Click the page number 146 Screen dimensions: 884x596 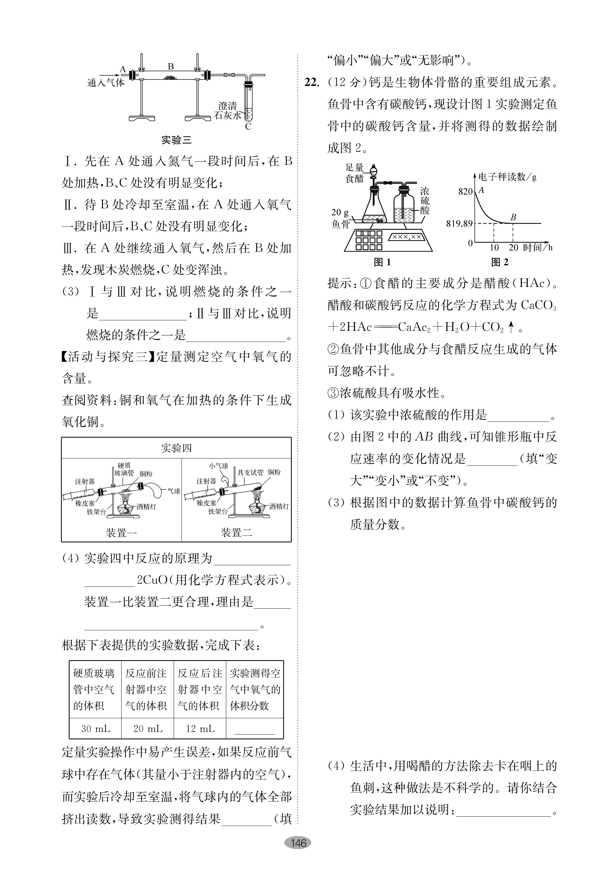click(298, 843)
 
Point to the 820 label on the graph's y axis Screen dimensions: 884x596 click(465, 192)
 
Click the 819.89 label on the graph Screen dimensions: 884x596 click(459, 224)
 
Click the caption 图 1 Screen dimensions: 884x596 click(382, 262)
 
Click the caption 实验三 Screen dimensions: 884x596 click(176, 140)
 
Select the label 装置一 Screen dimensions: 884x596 click(121, 533)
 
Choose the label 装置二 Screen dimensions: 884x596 click(236, 533)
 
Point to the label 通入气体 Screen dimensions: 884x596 click(106, 82)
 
